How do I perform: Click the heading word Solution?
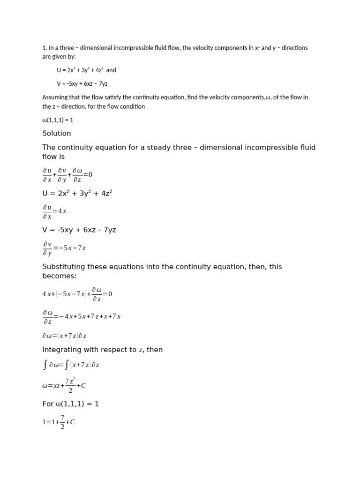[57, 134]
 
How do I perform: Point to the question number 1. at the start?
[45, 48]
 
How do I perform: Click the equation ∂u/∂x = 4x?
[55, 211]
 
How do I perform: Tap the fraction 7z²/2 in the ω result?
[70, 385]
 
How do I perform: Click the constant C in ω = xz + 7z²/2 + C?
[83, 386]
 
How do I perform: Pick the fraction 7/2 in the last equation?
[62, 422]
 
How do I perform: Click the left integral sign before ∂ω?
[45, 365]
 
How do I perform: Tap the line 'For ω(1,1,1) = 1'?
[70, 404]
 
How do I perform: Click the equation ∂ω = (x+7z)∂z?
[64, 336]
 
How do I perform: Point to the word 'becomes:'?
[60, 276]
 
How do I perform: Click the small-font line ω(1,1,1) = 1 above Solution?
[58, 120]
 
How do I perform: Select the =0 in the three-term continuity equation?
[88, 175]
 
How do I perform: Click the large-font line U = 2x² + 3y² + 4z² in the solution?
[77, 193]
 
